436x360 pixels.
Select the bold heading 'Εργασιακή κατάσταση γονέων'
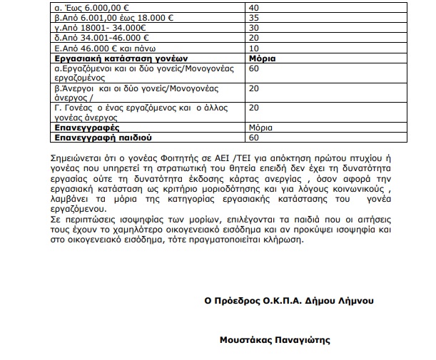[x=114, y=57]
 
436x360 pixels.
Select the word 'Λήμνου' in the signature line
[x=355, y=300]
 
